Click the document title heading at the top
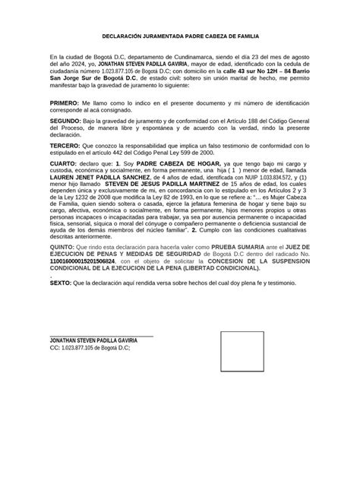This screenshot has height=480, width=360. (x=180, y=36)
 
